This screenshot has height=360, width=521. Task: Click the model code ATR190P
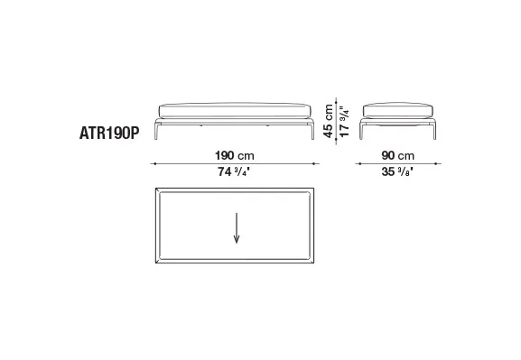[x=109, y=134]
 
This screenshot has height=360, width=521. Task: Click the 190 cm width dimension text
[x=235, y=155]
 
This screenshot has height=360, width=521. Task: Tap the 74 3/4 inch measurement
[x=234, y=171]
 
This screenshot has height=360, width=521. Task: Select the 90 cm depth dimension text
[x=398, y=155]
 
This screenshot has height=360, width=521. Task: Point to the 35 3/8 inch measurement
[x=397, y=171]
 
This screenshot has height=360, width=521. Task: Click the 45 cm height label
[x=328, y=121]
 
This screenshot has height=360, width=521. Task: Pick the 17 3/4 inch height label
[x=345, y=121]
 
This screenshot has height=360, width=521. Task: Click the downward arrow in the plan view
[x=237, y=228]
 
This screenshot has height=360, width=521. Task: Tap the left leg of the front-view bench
[x=157, y=130]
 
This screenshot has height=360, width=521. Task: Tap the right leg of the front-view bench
[x=312, y=130]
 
